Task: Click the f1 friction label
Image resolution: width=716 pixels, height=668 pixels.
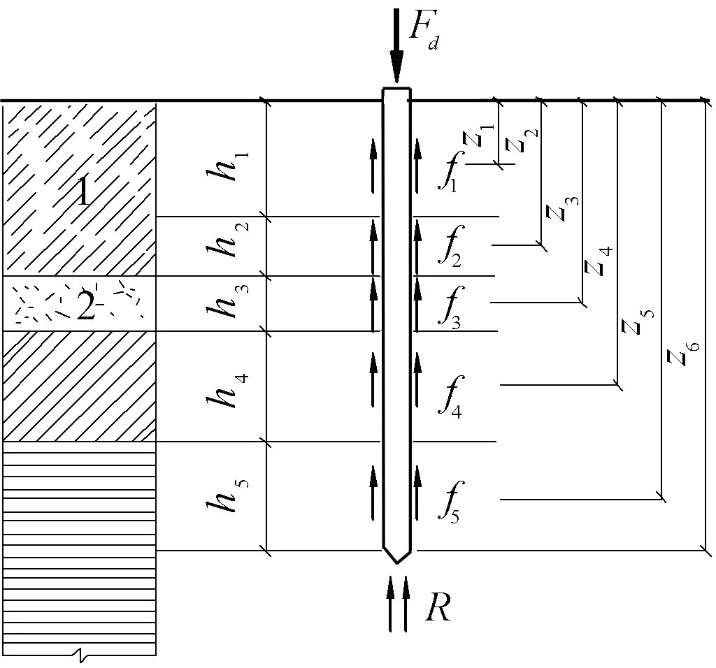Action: (x=448, y=172)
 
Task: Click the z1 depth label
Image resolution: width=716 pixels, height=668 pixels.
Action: (x=478, y=136)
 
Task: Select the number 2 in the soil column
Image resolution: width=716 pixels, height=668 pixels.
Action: (x=85, y=306)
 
